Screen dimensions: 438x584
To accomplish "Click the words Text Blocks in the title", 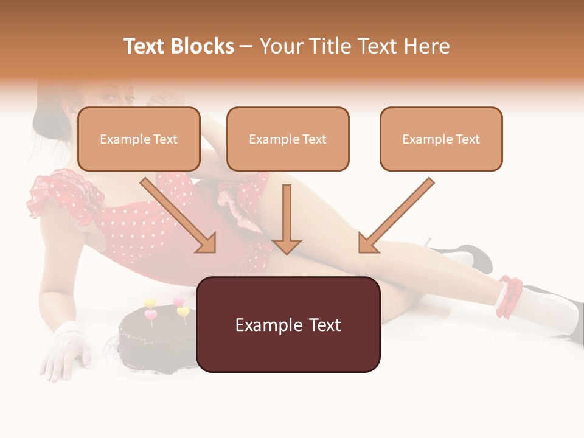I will click(178, 46).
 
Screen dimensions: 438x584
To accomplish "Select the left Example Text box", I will click(139, 139).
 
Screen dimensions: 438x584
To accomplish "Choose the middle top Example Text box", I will click(288, 139).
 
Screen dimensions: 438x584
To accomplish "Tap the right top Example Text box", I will click(441, 139).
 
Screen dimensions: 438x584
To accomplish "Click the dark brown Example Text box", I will click(288, 325).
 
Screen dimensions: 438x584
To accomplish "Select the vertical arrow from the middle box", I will click(287, 219).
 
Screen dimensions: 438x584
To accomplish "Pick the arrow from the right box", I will click(395, 216).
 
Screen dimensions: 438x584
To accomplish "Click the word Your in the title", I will click(280, 46).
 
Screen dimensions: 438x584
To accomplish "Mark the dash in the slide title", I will click(246, 46).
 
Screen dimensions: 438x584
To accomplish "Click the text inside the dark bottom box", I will click(288, 325).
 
